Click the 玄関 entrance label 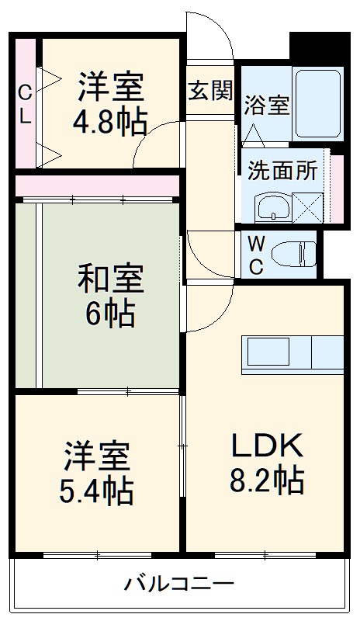(x=210, y=90)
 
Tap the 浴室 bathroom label (x=268, y=106)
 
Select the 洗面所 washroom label (x=282, y=170)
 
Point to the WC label (x=256, y=254)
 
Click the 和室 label (x=109, y=278)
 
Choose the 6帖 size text (x=109, y=314)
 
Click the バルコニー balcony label (x=179, y=583)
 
